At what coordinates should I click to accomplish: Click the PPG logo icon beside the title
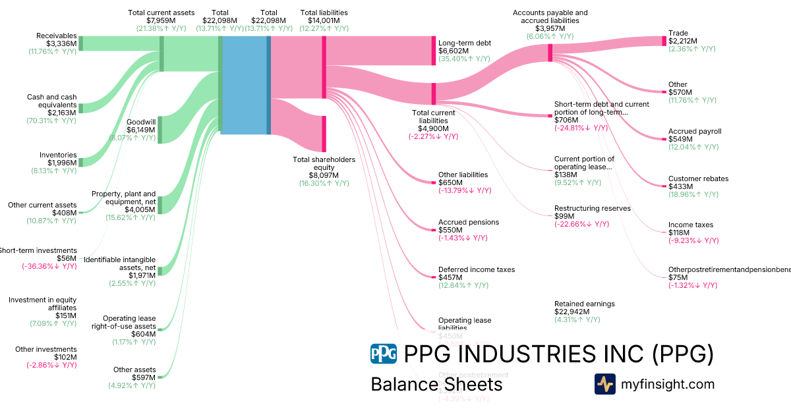point(384,354)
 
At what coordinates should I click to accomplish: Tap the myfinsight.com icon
point(605,384)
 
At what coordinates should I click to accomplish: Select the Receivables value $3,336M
point(61,44)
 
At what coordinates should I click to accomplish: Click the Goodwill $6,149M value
point(140,130)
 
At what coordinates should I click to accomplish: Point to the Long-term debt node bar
point(434,51)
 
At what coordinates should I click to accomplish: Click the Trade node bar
point(664,41)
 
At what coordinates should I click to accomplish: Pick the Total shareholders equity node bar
point(324,133)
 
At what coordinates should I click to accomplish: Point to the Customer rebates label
point(698,179)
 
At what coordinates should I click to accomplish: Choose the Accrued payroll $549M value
point(680,139)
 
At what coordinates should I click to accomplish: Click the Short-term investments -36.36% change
point(49,266)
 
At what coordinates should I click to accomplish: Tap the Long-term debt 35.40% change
point(464,59)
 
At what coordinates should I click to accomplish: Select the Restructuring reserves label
point(592,208)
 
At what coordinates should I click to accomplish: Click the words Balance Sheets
point(436,384)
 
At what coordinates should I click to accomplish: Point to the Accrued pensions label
point(469,222)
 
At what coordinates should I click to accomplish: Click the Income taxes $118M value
point(679,233)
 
